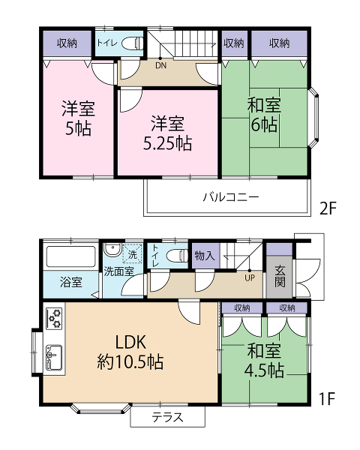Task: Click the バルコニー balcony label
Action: pos(231,197)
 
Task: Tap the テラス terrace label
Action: pos(168,417)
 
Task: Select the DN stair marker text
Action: pos(160,65)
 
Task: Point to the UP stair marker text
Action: pos(250,277)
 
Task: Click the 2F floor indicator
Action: pos(328,208)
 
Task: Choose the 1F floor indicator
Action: pos(328,398)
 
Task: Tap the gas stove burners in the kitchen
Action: pos(54,318)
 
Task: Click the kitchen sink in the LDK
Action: pos(54,357)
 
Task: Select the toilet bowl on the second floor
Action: pos(132,43)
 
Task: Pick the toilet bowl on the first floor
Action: pos(176,256)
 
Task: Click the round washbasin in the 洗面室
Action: pos(112,250)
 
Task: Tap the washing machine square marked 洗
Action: pos(132,253)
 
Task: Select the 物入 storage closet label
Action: pos(205,256)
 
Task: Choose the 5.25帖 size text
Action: pos(167,143)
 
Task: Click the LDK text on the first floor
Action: pos(131,342)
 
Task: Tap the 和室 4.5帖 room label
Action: pos(264,361)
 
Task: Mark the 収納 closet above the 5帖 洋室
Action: pos(67,43)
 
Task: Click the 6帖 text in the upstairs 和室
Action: pos(264,124)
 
